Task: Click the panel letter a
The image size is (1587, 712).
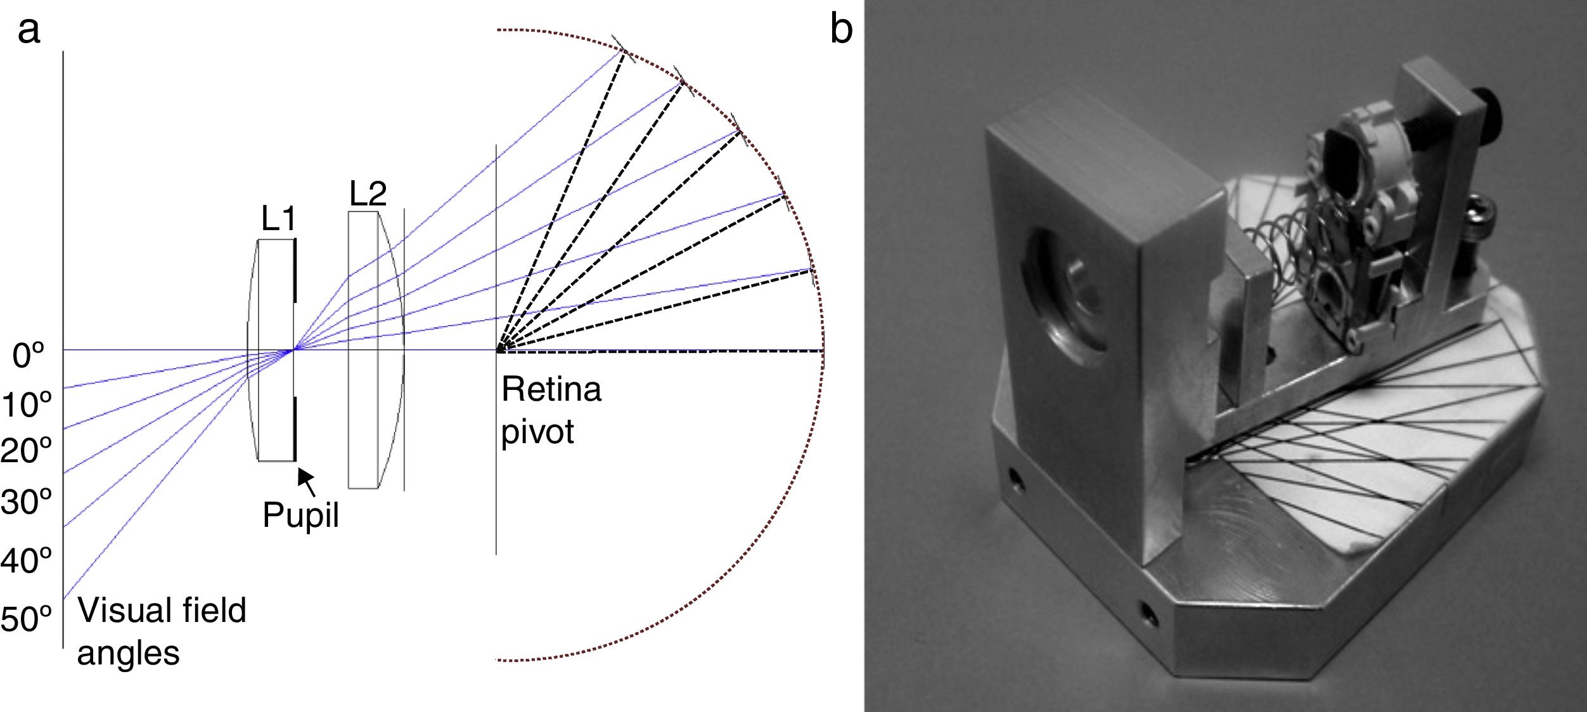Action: pyautogui.click(x=29, y=30)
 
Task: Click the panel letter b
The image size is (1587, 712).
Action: pyautogui.click(x=840, y=29)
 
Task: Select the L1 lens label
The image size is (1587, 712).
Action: pyautogui.click(x=278, y=219)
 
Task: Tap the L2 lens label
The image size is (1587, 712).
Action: pyautogui.click(x=368, y=193)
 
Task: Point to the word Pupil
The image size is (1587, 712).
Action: pyautogui.click(x=300, y=515)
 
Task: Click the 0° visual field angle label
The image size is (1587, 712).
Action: pyautogui.click(x=29, y=356)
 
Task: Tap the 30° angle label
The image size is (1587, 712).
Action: pyautogui.click(x=26, y=502)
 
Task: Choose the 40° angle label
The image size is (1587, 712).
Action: pyautogui.click(x=26, y=560)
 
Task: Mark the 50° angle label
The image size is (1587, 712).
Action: pyautogui.click(x=26, y=619)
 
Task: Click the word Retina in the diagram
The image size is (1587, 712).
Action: pyautogui.click(x=551, y=390)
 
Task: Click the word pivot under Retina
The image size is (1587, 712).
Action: pyautogui.click(x=537, y=432)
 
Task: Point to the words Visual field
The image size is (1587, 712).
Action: pyautogui.click(x=162, y=611)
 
